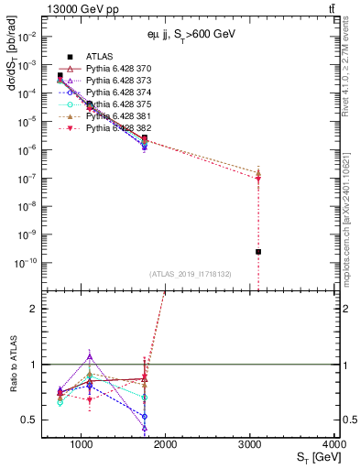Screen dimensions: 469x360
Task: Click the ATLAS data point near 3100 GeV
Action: pos(258,251)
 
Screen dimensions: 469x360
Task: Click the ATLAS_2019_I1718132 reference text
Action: pos(191,274)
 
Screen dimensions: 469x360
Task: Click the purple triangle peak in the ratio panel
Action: pos(89,355)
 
